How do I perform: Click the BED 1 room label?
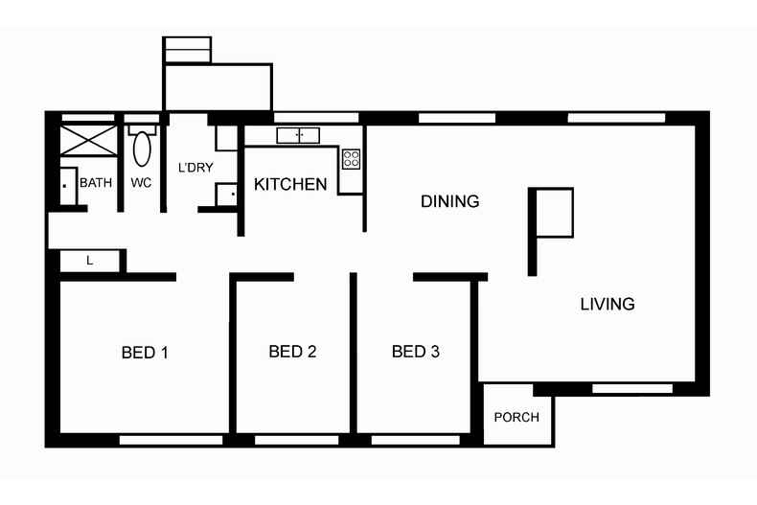(x=145, y=353)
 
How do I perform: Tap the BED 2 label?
(x=292, y=352)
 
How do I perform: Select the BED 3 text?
(x=415, y=352)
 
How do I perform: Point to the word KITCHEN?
(x=290, y=184)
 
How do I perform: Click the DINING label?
(x=449, y=201)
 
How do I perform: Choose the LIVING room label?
(x=608, y=304)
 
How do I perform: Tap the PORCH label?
(x=516, y=418)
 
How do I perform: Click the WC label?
(x=141, y=182)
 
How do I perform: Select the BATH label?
(x=96, y=182)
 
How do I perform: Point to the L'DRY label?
(x=195, y=168)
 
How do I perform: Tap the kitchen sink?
(x=298, y=135)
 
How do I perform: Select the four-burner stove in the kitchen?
(x=352, y=157)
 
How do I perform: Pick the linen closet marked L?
(x=90, y=260)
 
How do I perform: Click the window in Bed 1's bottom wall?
(x=171, y=440)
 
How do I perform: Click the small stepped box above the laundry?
(x=187, y=50)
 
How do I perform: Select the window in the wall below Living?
(x=631, y=388)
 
